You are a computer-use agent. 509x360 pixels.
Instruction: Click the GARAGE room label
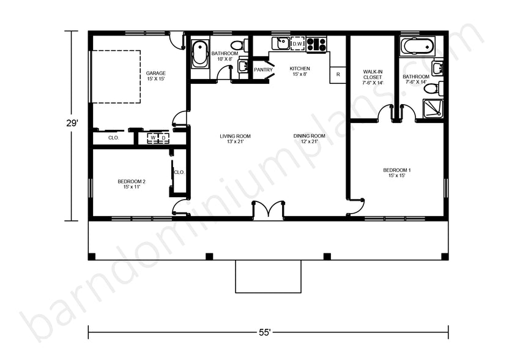pos(155,75)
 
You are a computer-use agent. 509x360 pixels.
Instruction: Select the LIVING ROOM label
pos(236,139)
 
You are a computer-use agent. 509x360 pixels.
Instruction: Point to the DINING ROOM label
pos(309,139)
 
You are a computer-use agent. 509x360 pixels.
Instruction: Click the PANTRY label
pos(263,70)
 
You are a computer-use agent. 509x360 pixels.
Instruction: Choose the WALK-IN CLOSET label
pos(372,77)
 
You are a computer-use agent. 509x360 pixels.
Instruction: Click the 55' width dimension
pos(264,332)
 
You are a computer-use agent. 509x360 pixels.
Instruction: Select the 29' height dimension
pos(72,123)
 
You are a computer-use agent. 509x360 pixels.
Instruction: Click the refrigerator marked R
pos(338,74)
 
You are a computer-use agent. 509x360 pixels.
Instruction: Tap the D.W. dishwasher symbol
pos(298,44)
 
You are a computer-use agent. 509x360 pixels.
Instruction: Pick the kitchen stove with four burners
pos(317,44)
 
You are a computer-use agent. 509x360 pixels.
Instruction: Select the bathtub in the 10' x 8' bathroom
pos(199,53)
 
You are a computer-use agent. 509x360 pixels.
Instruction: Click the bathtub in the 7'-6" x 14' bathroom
pos(417,46)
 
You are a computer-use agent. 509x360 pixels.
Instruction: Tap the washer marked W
pos(153,138)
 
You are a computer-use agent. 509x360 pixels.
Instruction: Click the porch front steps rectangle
pos(268,276)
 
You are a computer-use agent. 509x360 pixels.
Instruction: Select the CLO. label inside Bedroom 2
pos(179,173)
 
